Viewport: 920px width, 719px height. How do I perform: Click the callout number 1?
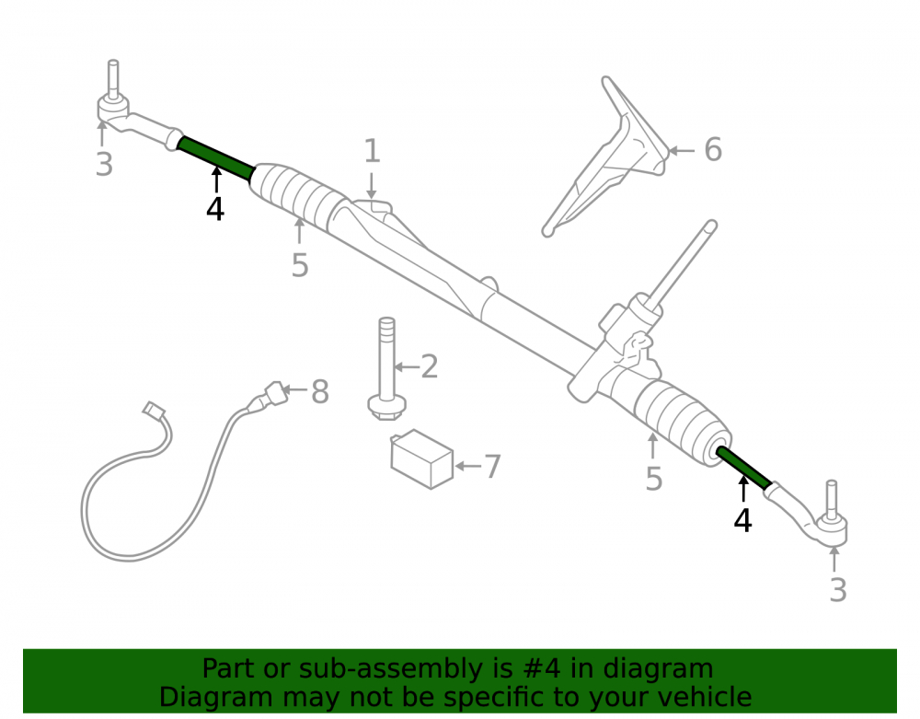pos(372,151)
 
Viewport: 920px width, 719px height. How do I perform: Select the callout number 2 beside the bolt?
pos(430,366)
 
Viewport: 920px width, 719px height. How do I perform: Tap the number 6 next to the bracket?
pos(713,150)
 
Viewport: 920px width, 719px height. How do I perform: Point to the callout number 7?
pos(491,467)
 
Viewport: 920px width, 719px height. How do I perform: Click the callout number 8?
pos(320,391)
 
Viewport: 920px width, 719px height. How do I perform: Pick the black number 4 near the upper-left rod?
pos(214,210)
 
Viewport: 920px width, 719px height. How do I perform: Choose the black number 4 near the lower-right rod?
pos(742,521)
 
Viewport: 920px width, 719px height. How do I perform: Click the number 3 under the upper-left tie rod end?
pos(105,165)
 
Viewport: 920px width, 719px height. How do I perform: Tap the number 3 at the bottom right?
pos(838,590)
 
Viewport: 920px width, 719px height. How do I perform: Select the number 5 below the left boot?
pos(300,265)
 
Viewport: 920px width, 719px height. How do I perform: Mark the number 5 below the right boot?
pos(654,479)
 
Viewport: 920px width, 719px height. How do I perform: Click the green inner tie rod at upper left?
pos(216,158)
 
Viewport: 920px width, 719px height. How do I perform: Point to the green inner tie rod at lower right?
pos(743,467)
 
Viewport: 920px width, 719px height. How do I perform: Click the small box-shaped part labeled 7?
pos(422,459)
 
